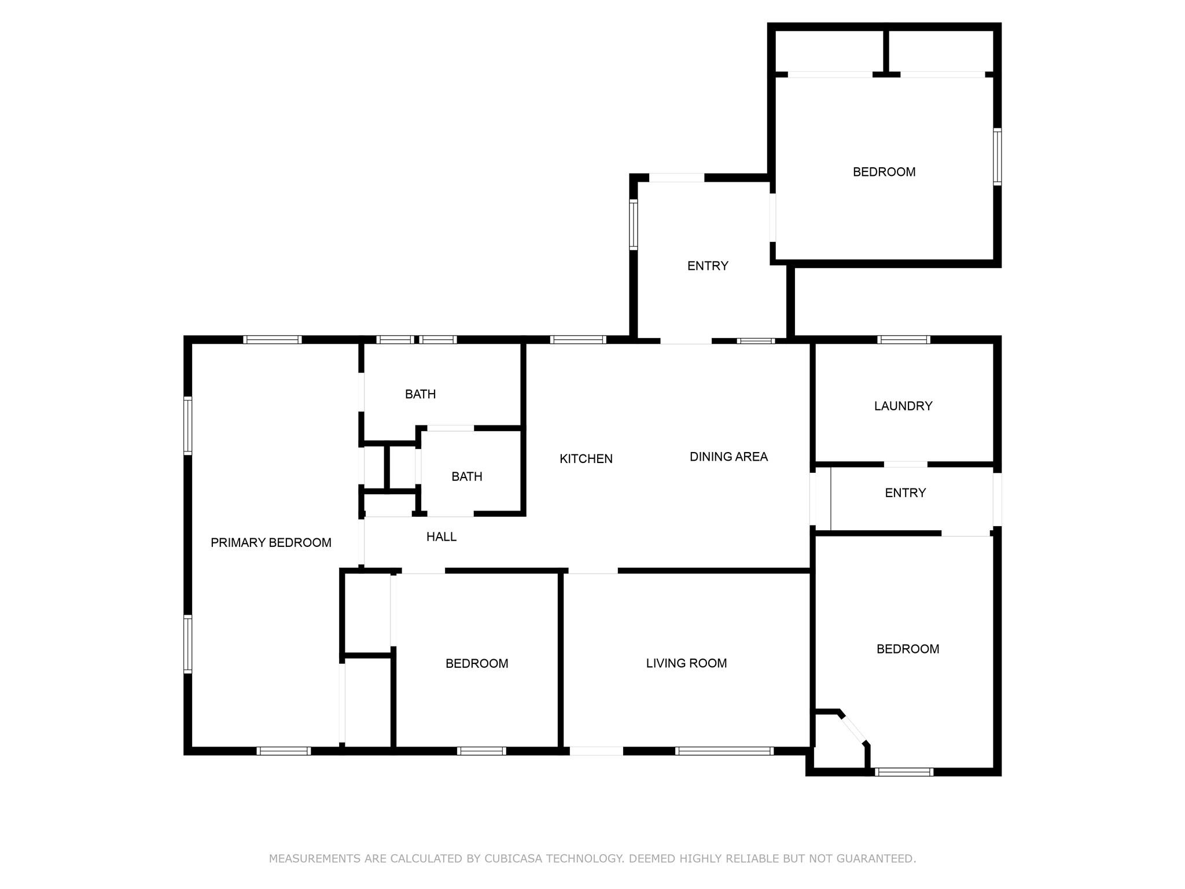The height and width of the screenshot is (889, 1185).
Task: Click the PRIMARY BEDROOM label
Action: coord(271,543)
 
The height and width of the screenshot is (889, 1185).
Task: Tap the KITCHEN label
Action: coord(586,459)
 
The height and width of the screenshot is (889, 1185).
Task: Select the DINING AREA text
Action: coord(728,457)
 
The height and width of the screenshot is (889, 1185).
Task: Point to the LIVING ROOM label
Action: coord(686,663)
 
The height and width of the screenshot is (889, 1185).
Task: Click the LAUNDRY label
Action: coord(903,406)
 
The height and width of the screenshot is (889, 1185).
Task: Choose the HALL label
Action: coord(441,537)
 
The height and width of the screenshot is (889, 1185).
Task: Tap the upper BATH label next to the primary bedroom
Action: coord(420,394)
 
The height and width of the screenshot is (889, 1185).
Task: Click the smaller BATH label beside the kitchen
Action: coord(466,477)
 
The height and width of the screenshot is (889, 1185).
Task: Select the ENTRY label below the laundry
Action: coord(905,493)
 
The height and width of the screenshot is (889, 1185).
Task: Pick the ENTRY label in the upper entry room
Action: coord(707,266)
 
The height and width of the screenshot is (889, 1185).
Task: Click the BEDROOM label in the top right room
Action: coord(884,172)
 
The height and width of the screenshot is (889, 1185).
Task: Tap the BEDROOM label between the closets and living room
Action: coord(477,664)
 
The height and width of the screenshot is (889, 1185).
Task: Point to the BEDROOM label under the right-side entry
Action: coord(907,649)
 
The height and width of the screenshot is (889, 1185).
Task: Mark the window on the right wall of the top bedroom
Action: coord(997,156)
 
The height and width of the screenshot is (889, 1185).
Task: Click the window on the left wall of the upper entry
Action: coord(633,225)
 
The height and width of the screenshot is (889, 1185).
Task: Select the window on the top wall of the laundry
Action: coord(903,340)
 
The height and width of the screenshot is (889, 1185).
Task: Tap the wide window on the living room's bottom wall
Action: coord(724,751)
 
